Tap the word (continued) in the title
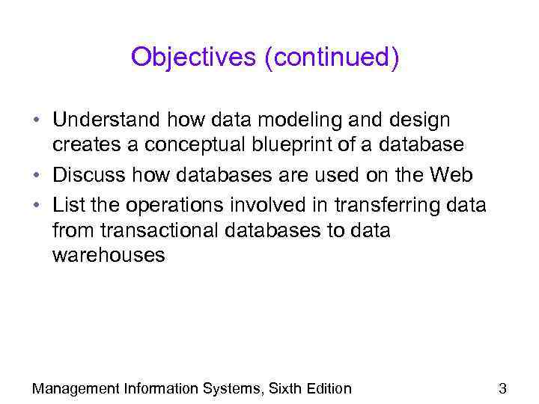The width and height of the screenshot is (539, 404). [331, 58]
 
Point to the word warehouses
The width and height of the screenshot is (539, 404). [108, 256]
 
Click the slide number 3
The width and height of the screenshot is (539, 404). [502, 388]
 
